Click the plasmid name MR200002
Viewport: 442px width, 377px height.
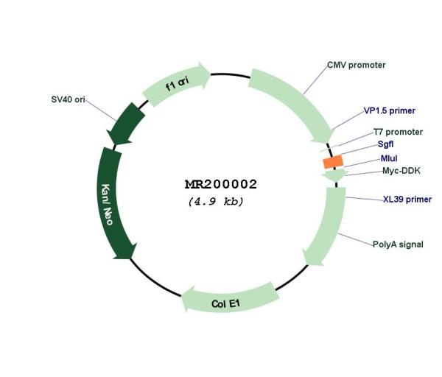221,184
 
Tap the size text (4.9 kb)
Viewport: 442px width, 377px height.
216,202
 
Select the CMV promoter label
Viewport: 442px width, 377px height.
357,65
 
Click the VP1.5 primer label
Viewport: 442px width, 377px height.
389,110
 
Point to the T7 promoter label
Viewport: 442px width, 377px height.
398,132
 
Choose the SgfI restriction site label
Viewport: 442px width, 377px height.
385,144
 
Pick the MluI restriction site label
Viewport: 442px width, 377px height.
389,158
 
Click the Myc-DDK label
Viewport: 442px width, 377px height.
401,171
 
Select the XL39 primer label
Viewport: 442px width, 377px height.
407,200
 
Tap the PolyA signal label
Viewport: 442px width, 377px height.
398,244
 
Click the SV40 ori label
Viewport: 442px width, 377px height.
68,99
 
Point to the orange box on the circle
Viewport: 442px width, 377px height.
333,162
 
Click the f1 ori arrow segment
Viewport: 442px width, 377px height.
176,83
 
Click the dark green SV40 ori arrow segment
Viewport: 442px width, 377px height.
126,124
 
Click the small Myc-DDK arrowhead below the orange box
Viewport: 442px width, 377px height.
335,175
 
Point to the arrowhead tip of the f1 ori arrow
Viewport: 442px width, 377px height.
210,74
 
